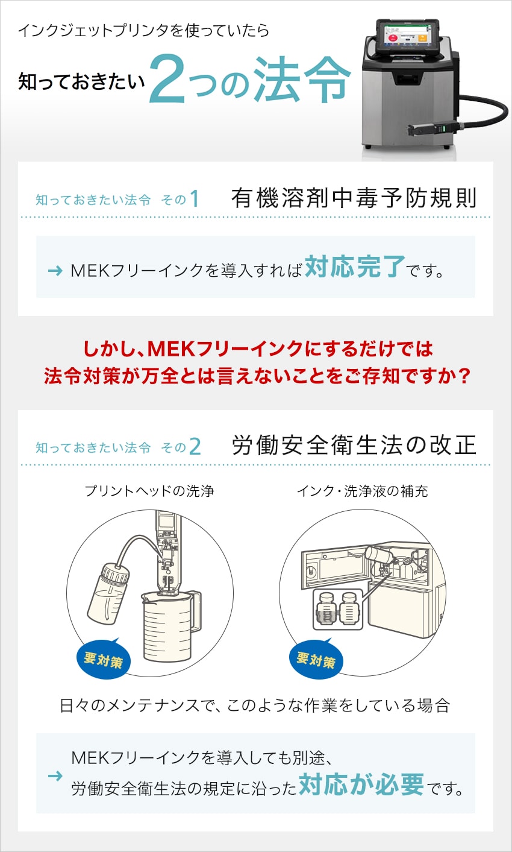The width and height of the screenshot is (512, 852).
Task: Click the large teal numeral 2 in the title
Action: (167, 79)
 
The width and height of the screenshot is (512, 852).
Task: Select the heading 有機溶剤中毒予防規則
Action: (354, 198)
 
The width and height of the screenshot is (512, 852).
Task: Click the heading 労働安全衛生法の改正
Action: (354, 445)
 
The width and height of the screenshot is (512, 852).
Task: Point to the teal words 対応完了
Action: (355, 267)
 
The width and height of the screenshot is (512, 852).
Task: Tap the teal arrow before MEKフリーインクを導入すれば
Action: (55, 271)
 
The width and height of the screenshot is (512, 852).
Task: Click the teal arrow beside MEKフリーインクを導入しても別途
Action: (55, 775)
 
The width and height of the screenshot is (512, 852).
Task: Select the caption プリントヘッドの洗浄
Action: (149, 491)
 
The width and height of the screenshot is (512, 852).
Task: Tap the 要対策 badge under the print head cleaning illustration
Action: (104, 660)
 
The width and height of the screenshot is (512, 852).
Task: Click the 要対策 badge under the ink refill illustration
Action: (316, 660)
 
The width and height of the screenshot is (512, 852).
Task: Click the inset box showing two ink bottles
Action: (338, 609)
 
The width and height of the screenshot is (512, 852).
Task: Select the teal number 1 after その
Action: (195, 198)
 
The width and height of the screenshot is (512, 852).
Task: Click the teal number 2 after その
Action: (195, 446)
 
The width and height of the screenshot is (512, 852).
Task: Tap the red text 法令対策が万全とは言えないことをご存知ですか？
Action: (257, 376)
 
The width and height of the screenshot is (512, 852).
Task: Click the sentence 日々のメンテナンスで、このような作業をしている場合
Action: (255, 705)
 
